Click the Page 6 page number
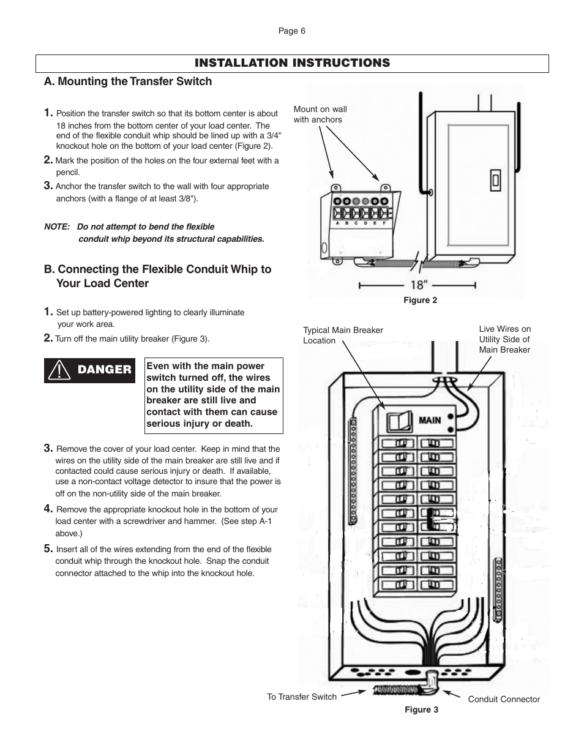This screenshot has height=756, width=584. point(292,31)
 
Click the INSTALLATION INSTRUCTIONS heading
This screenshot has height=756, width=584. point(292,63)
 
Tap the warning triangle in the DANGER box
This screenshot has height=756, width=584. point(59,370)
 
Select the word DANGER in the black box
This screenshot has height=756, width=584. point(104,370)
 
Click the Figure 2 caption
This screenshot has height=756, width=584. point(420,300)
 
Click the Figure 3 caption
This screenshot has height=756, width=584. point(421,709)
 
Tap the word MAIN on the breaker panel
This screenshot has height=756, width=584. point(430,421)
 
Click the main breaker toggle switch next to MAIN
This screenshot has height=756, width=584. point(399,422)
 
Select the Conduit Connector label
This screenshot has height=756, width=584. point(504,699)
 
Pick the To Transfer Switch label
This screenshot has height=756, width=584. point(302,697)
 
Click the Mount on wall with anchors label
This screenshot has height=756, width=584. point(320,114)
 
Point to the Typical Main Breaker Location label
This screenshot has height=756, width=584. point(343,335)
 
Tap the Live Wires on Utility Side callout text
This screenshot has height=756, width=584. point(504,339)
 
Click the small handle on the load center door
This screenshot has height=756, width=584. point(495,180)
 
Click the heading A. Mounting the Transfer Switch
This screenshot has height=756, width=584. point(128,81)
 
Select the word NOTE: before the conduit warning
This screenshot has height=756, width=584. point(57,227)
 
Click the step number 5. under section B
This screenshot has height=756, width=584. point(48,548)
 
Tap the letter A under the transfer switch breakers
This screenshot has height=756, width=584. point(338,223)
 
